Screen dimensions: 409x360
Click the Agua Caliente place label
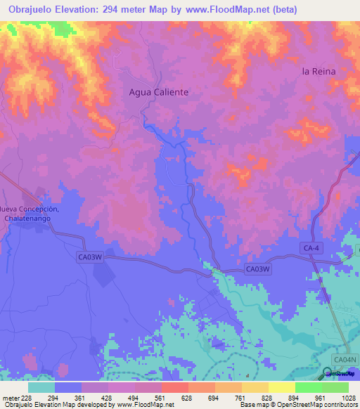(159, 92)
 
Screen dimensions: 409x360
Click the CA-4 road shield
(311, 248)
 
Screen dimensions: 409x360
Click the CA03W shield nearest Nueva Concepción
(90, 258)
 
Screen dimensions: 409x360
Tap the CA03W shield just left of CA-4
(258, 269)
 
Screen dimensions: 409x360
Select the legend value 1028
(348, 398)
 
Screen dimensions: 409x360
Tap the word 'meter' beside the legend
(8, 398)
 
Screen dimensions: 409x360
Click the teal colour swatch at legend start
(41, 387)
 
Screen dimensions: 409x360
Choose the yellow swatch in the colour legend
(281, 387)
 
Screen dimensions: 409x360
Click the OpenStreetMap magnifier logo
(328, 373)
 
